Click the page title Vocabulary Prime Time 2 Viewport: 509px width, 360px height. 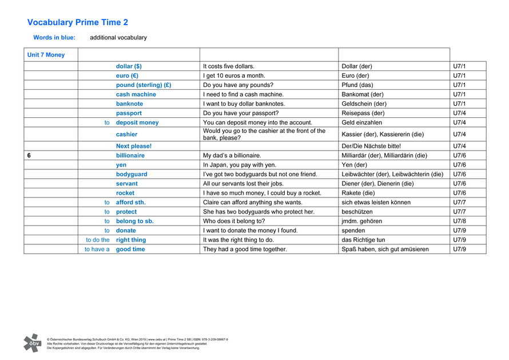pos(78,22)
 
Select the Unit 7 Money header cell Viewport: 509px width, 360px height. pos(46,55)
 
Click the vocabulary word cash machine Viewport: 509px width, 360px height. pos(136,94)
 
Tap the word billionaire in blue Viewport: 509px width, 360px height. pos(130,156)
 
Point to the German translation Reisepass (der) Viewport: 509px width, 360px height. pos(363,113)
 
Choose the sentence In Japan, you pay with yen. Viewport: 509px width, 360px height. pos(240,165)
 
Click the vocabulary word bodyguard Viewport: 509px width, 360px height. pos(132,175)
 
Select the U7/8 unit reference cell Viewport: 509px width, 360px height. pos(460,221)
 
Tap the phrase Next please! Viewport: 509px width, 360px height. pos(134,146)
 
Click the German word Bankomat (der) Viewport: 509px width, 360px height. pos(363,94)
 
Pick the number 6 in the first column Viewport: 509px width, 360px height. pos(29,156)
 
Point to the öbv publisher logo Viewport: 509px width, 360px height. pos(32,343)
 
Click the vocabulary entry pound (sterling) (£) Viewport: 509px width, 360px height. pos(144,85)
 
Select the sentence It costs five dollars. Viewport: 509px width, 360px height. pos(229,66)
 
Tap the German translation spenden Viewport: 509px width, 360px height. pos(355,231)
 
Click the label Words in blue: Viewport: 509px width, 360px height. pos(54,38)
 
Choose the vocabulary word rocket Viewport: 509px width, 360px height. pos(125,193)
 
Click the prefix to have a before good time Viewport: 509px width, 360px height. pos(97,250)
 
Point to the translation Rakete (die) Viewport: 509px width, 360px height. pos(358,193)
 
